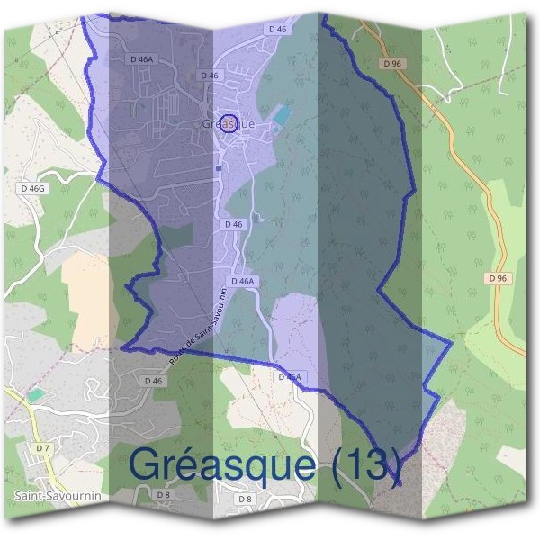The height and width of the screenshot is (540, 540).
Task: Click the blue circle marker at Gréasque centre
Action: (x=229, y=123)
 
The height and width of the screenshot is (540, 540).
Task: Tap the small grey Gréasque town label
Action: (x=229, y=123)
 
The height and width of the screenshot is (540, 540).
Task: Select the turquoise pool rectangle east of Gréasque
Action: (x=282, y=115)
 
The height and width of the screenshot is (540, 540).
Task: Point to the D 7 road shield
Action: (x=41, y=447)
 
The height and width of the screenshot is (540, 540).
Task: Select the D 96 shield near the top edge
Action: (x=390, y=64)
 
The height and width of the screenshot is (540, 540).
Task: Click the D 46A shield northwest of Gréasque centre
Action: (x=142, y=58)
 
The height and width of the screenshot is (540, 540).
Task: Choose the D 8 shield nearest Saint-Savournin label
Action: (x=163, y=495)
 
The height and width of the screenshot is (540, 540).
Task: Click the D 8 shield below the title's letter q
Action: (x=245, y=499)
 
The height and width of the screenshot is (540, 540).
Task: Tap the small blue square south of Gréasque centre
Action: (x=219, y=166)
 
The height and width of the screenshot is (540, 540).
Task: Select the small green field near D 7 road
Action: (x=34, y=395)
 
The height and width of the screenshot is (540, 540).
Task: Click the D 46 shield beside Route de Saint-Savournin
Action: (x=153, y=381)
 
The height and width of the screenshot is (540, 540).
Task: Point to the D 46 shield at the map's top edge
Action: (x=278, y=30)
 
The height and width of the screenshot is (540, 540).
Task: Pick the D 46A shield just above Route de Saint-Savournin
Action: (x=244, y=282)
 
